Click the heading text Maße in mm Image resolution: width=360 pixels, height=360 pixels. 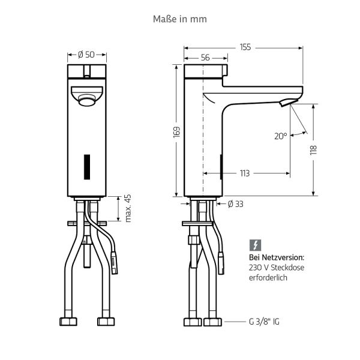tap(180, 19)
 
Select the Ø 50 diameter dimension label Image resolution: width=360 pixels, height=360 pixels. tap(86, 55)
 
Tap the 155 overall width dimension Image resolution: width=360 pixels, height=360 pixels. tap(245, 47)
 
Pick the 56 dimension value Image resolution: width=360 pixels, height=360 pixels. tap(205, 58)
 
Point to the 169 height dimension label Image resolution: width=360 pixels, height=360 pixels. tap(176, 132)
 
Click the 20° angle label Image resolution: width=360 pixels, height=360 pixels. tap(281, 136)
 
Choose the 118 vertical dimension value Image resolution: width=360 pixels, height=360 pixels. tap(313, 150)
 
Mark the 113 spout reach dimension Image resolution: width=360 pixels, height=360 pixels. tap(245, 173)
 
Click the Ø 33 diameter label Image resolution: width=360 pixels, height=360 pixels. tap(236, 204)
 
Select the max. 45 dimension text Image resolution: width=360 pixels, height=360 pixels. tap(128, 208)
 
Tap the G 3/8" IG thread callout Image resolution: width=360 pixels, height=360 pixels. tap(264, 322)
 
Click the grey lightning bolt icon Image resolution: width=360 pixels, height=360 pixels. tap(256, 245)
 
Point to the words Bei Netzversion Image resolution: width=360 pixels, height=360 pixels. tap(277, 257)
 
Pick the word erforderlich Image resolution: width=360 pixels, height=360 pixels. tap(268, 278)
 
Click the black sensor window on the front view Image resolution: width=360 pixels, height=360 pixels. tap(87, 167)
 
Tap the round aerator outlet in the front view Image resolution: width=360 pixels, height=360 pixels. tap(86, 100)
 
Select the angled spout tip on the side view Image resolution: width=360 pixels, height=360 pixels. tap(289, 102)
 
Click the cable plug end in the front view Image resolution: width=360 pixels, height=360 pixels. tap(114, 263)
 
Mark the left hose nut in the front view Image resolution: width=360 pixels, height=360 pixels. tap(68, 322)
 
